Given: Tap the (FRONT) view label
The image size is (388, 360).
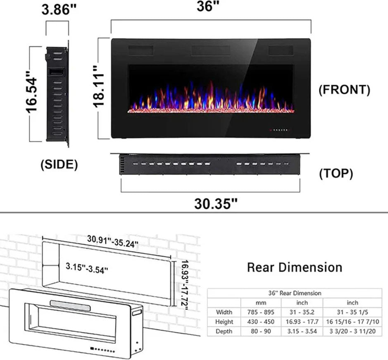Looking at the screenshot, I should [344, 90].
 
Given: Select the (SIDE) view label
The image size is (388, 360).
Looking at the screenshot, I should [59, 165].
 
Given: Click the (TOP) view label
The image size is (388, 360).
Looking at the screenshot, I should [336, 174].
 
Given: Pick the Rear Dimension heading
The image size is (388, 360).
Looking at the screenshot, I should [295, 267].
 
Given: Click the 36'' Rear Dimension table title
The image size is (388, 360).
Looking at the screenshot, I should [295, 293].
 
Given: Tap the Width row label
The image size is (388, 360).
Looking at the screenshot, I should [224, 312].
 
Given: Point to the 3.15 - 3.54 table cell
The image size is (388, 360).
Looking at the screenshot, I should [302, 331].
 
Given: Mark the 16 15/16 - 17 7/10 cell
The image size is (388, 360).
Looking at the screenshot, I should [352, 322].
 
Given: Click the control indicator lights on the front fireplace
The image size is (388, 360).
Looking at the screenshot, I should [281, 129].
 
